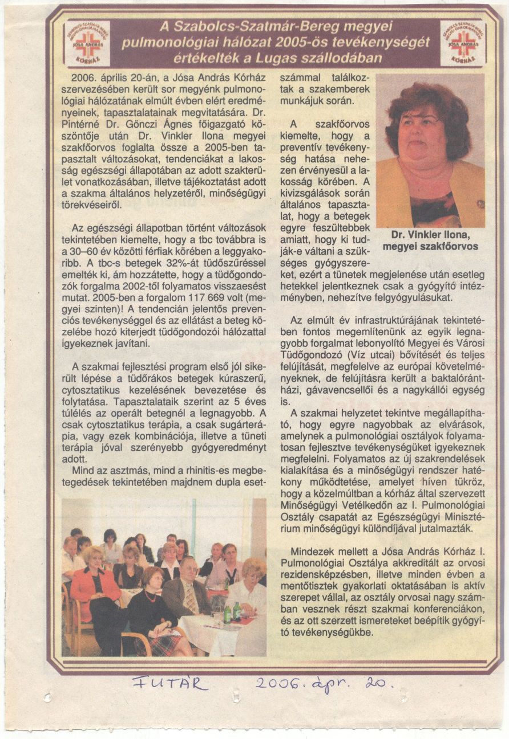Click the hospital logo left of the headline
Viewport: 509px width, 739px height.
tap(87, 43)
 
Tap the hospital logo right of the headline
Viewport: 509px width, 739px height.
tap(463, 43)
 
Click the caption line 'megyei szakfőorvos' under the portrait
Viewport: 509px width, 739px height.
tap(430, 246)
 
